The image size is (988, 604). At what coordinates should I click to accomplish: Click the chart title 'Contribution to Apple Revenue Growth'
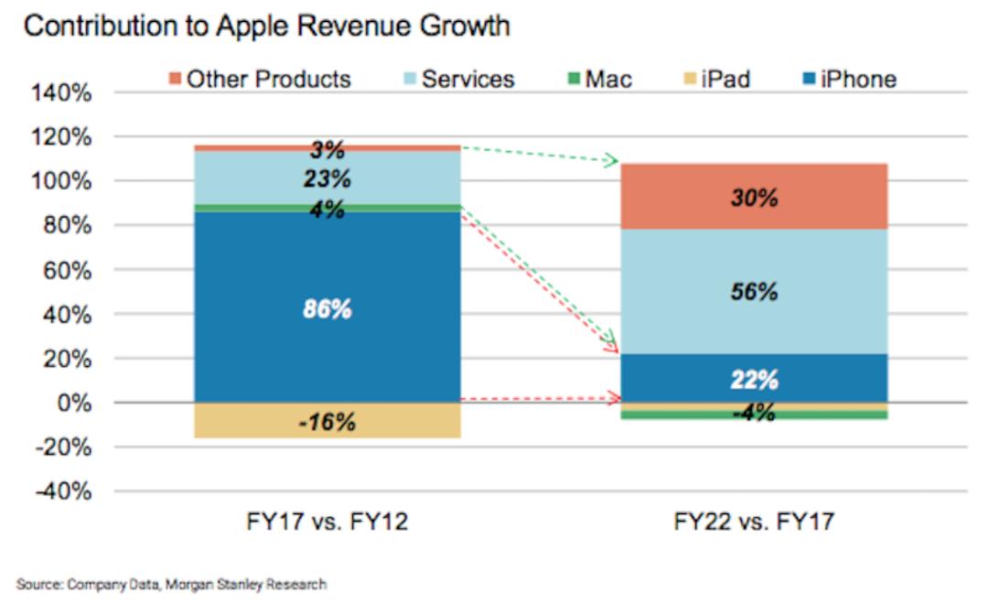266,27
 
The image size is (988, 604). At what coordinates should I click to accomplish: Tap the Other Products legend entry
260,79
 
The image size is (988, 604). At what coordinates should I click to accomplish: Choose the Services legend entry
459,79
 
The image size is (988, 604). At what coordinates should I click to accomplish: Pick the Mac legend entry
600,79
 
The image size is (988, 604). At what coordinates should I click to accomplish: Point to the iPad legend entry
717,79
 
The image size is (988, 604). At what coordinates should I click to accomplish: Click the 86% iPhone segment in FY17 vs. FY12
327,307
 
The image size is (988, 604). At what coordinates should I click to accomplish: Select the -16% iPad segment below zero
327,421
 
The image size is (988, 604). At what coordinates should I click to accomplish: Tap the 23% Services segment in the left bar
327,178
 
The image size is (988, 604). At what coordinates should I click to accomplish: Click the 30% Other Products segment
754,196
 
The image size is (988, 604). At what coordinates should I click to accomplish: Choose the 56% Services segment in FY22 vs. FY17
754,291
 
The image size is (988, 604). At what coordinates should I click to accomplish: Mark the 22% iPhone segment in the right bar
754,378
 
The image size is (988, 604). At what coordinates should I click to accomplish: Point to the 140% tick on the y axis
61,93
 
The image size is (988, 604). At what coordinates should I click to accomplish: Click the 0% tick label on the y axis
74,403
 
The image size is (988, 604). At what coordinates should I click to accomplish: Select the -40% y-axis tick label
63,491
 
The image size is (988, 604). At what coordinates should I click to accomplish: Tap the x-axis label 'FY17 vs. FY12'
327,522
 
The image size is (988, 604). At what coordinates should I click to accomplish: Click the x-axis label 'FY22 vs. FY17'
754,522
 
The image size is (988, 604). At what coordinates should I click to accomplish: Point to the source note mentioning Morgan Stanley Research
171,585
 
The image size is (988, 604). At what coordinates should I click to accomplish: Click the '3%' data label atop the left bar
327,149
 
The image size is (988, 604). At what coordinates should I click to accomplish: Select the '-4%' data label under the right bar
754,413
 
